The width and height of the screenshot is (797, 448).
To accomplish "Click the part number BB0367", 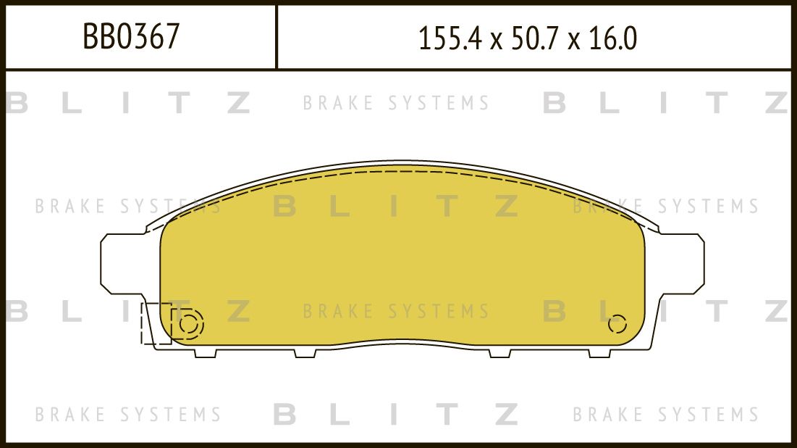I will tap(131, 37).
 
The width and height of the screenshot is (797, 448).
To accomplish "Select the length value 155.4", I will tap(450, 38).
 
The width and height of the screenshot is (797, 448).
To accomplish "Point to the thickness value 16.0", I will tap(612, 38).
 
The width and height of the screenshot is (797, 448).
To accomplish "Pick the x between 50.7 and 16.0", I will tap(574, 41).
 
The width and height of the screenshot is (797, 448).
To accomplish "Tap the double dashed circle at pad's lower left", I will tap(187, 325).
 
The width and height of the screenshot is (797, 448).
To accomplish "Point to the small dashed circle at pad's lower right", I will tap(617, 324).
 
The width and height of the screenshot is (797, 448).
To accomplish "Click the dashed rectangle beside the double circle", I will tap(155, 323).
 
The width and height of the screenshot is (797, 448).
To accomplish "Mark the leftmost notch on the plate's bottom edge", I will tap(206, 353).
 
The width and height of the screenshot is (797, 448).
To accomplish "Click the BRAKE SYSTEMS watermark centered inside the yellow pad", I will tap(396, 312).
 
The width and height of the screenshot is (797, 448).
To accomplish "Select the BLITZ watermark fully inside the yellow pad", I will tap(396, 207).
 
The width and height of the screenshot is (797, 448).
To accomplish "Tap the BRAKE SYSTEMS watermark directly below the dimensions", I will tap(396, 104).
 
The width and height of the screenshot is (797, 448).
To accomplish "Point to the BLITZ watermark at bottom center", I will tap(396, 415).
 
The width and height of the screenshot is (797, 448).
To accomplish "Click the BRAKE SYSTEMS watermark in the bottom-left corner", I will tap(128, 415).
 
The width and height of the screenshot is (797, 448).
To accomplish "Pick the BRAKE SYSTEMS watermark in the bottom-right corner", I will tap(666, 415).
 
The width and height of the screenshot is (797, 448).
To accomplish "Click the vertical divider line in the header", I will tap(277, 37).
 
